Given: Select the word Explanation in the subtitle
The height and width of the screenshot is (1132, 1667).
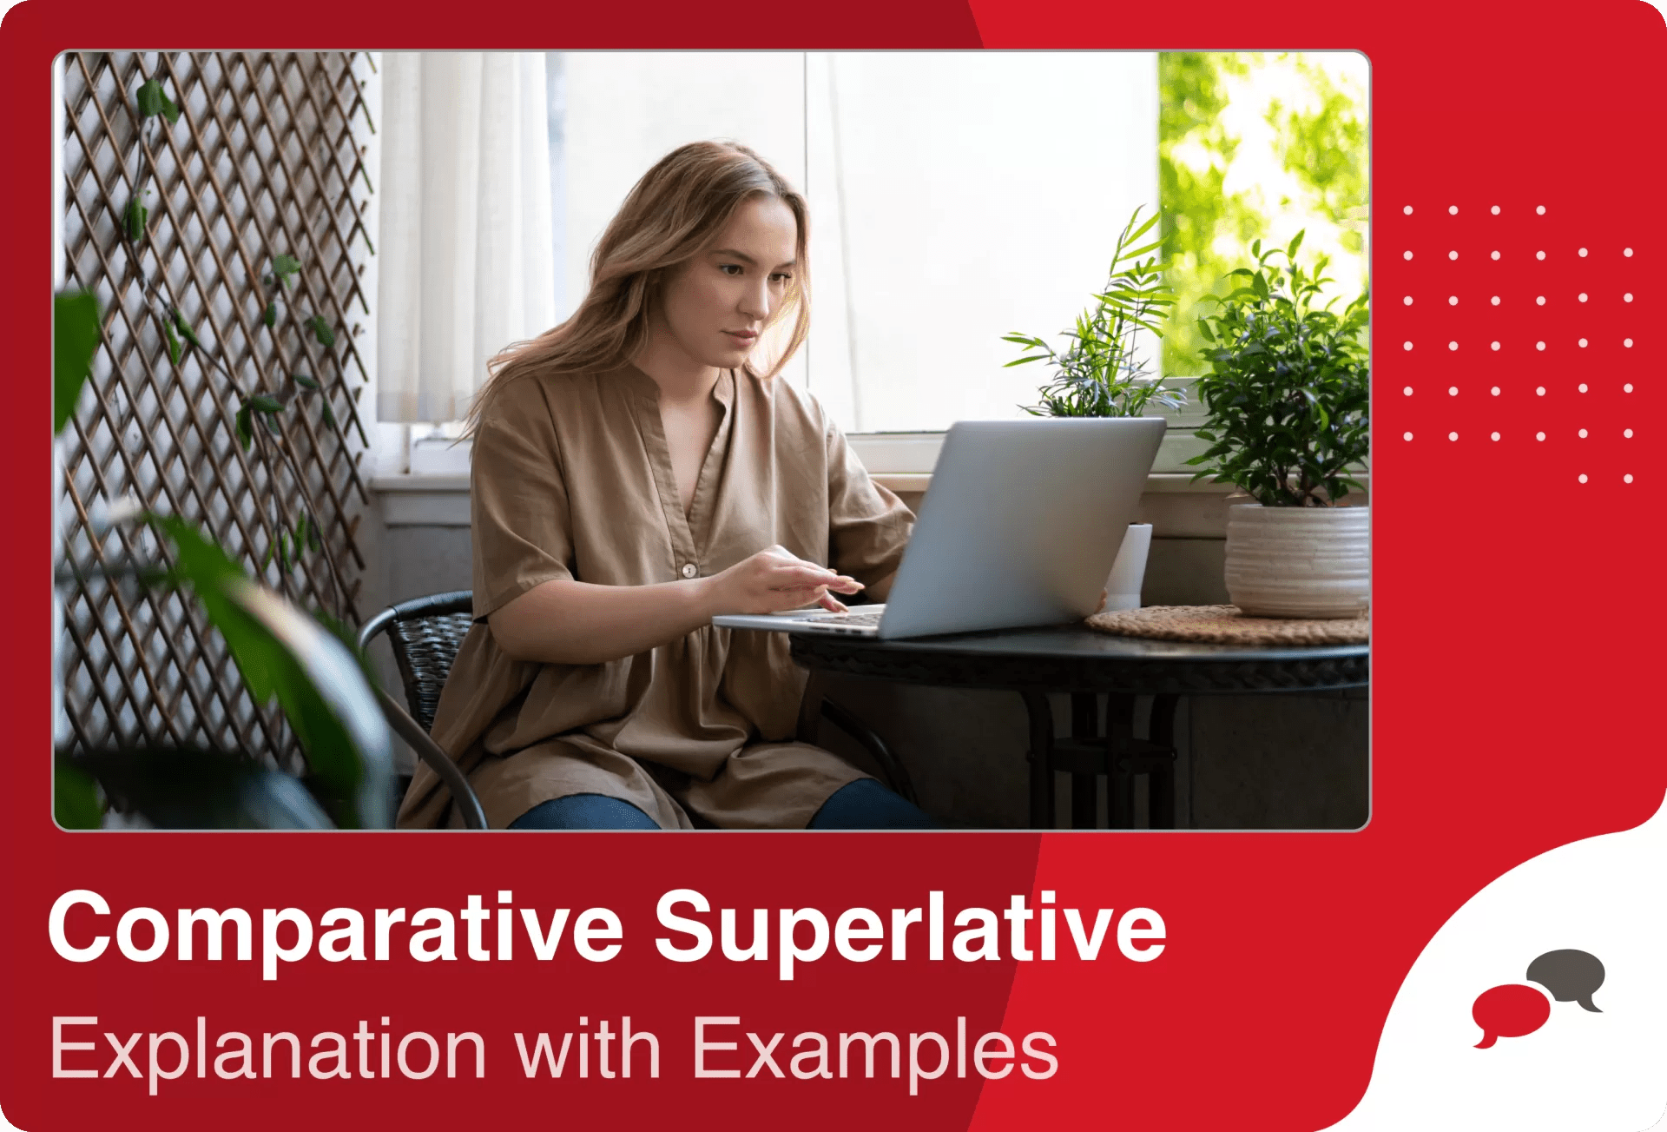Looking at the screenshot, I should click(267, 1049).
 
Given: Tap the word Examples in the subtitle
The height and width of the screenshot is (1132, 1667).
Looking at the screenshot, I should click(874, 1049).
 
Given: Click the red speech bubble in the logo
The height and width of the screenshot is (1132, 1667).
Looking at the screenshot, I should click(1509, 1011).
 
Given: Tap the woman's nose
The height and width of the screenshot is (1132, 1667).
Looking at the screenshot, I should click(755, 300).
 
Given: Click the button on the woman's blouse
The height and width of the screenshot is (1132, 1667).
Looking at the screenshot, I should click(689, 570).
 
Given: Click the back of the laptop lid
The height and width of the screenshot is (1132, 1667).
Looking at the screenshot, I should click(1025, 521).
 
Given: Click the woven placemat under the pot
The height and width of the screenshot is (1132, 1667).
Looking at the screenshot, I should click(1216, 626).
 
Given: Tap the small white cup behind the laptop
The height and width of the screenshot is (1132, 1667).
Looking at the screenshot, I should click(1129, 565).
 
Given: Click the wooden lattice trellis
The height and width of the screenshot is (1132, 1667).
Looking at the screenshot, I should click(217, 348).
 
